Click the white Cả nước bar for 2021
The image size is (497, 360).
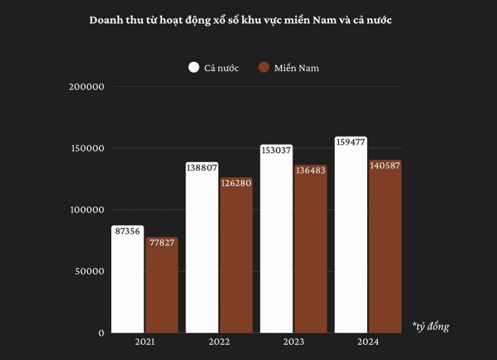128,283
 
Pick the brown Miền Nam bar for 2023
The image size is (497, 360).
311,252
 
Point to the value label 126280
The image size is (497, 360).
236,183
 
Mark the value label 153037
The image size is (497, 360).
276,150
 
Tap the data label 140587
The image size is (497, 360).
384,166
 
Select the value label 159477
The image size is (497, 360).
350,142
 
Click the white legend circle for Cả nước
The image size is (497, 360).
193,68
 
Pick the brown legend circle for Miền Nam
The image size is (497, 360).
263,68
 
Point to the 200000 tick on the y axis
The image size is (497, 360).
87,87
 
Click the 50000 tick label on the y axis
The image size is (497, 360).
90,272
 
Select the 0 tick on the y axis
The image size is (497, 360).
101,333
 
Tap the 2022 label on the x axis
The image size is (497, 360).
219,342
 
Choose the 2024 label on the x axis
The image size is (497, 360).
367,342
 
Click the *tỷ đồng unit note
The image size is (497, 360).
430,326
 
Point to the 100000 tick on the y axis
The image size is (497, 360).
87,210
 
